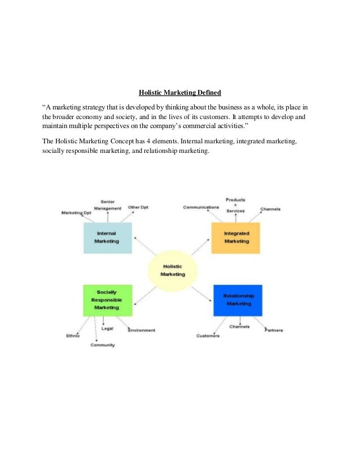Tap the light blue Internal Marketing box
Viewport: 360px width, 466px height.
pyautogui.click(x=107, y=237)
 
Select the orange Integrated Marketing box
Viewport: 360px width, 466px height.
pyautogui.click(x=236, y=237)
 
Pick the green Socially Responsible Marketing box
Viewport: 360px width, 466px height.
pyautogui.click(x=107, y=300)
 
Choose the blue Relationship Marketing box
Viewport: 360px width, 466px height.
pyautogui.click(x=238, y=300)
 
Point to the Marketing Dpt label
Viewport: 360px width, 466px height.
pyautogui.click(x=76, y=213)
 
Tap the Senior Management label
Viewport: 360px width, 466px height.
pyautogui.click(x=107, y=205)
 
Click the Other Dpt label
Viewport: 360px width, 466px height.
pyautogui.click(x=138, y=207)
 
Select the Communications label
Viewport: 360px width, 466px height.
pyautogui.click(x=201, y=207)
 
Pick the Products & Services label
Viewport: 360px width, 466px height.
pyautogui.click(x=235, y=205)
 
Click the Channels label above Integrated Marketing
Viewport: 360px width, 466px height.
pyautogui.click(x=270, y=209)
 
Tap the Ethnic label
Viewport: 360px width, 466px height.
pyautogui.click(x=73, y=336)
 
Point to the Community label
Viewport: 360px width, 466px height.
pyautogui.click(x=103, y=345)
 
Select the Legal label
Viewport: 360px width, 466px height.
pyautogui.click(x=107, y=328)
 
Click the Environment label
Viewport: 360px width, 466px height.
pyautogui.click(x=142, y=330)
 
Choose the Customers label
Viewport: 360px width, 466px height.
pyautogui.click(x=208, y=336)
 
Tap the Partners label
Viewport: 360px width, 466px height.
pyautogui.click(x=274, y=330)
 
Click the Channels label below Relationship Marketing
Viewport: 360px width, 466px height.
pyautogui.click(x=239, y=326)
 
